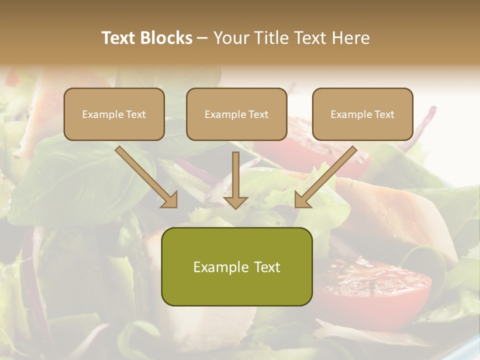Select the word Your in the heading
pos(230,38)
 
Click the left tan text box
pos(114,114)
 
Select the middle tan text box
pos(236,114)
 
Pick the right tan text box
pos(362,114)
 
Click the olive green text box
pos(236,266)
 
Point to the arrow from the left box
pos(145,175)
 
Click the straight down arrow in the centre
pos(235,177)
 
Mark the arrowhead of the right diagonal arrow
pos(301,199)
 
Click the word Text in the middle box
pos(258,114)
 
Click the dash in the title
pos(203,38)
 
